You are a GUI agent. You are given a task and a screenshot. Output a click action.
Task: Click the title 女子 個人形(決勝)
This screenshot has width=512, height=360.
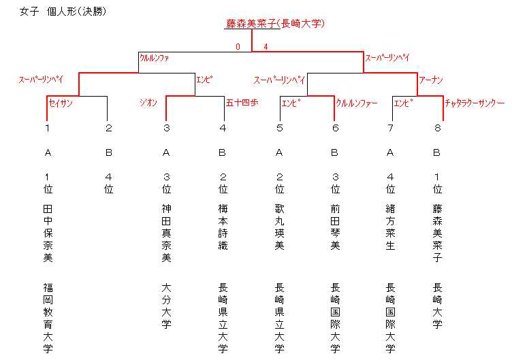click(63, 12)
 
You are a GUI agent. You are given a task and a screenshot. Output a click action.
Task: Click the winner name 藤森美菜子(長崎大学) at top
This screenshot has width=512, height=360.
click(275, 24)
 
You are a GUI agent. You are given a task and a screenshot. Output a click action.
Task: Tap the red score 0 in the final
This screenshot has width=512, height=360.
click(238, 47)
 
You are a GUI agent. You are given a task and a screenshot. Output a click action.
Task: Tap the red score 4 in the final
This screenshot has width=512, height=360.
click(266, 47)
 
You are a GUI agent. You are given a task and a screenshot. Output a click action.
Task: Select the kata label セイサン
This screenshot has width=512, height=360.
click(61, 103)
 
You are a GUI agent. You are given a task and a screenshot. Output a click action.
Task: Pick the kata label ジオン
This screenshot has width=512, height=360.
click(148, 103)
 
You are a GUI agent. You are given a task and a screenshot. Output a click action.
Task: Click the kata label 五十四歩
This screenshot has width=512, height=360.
click(242, 103)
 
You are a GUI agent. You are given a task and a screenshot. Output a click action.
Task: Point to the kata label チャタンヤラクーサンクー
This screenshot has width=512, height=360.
click(475, 103)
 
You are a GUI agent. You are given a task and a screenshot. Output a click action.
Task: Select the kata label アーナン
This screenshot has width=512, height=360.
click(431, 80)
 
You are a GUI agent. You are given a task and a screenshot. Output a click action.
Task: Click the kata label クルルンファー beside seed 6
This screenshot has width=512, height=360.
click(357, 103)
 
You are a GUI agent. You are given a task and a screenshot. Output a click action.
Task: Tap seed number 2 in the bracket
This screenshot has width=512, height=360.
click(109, 128)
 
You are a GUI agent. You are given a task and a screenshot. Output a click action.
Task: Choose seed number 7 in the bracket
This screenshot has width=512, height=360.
click(390, 128)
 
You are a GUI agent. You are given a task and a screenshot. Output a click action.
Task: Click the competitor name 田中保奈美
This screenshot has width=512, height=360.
click(48, 233)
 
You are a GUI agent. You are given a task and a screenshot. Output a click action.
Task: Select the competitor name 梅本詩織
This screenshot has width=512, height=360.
click(223, 227)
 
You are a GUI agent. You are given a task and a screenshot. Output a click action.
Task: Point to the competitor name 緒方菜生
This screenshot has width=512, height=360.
click(391, 227)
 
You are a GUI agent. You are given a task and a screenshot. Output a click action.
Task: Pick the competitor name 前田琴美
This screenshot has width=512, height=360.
click(336, 227)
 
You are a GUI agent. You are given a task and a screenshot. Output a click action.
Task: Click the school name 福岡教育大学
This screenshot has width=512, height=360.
click(48, 318)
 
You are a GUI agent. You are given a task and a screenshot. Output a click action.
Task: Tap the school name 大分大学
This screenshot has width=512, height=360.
click(167, 306)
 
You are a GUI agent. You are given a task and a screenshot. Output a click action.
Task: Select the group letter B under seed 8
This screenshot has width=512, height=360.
click(436, 152)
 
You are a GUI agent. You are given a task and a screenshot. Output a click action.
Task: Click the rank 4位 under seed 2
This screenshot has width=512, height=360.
click(109, 184)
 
